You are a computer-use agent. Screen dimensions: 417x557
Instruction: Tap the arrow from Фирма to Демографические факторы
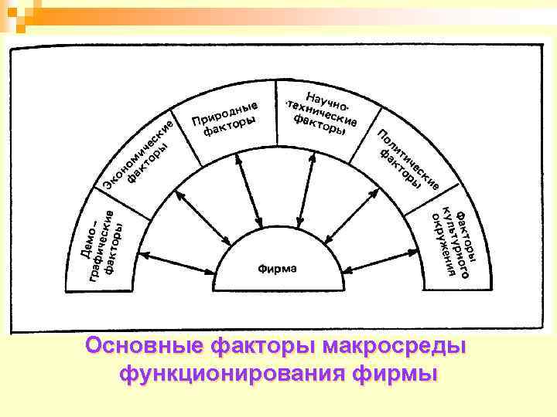[x=177, y=263]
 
